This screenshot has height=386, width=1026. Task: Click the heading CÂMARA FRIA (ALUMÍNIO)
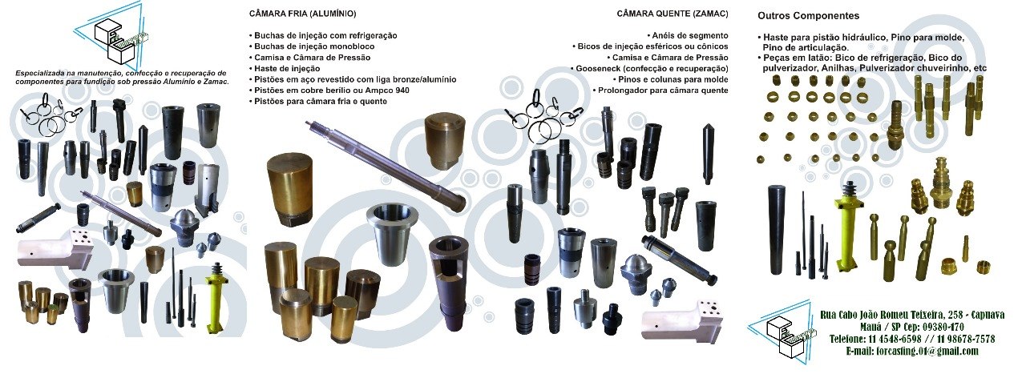click(302, 14)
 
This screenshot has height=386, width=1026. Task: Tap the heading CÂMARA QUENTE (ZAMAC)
click(673, 14)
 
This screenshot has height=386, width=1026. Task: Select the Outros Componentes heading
click(809, 16)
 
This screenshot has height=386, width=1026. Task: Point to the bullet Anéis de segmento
click(688, 36)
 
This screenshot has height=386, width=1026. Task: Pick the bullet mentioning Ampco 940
click(329, 90)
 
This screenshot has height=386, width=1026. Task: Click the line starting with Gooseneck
click(649, 69)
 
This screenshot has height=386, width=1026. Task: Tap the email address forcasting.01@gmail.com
click(912, 352)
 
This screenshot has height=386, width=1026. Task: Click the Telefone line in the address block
click(912, 340)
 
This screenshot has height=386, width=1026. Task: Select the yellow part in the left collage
click(214, 297)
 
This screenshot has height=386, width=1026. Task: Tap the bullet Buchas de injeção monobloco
click(312, 46)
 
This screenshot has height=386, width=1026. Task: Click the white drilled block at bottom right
click(682, 321)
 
